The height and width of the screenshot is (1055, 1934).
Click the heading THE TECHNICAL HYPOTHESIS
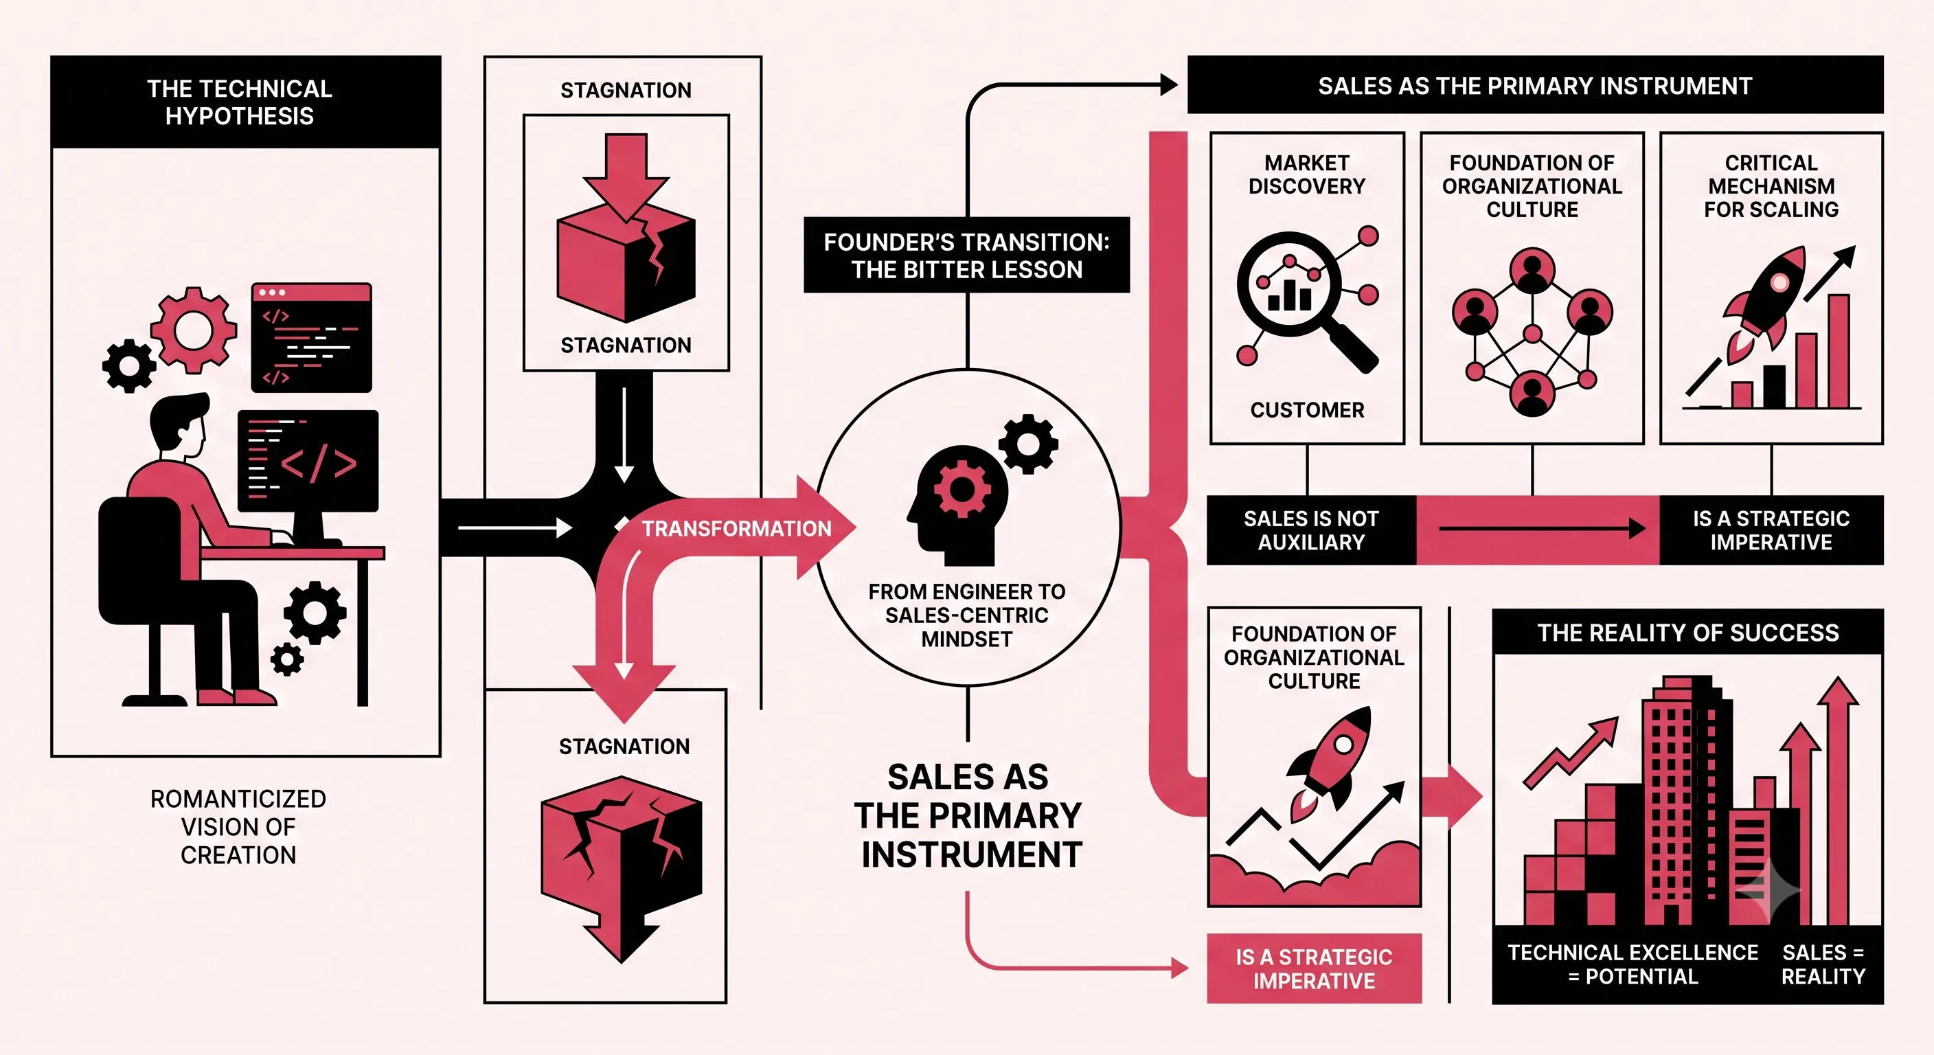(240, 102)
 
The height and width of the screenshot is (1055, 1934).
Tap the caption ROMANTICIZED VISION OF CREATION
(239, 827)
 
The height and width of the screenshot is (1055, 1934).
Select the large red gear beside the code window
(194, 330)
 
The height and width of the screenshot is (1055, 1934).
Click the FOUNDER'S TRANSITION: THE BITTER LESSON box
(966, 256)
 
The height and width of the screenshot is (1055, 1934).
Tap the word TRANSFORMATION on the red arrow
(736, 529)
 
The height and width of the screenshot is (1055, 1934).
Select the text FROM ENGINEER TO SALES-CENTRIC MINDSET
(967, 615)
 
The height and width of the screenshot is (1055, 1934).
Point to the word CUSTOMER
(1307, 410)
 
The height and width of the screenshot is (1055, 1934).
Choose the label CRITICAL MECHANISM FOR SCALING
(1771, 186)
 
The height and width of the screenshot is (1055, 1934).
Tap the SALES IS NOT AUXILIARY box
(1311, 530)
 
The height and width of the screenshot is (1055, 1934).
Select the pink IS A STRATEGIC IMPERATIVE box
(1314, 968)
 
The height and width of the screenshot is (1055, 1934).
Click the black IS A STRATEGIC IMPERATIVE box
(1771, 530)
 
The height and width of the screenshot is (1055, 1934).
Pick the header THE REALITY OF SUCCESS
(1687, 633)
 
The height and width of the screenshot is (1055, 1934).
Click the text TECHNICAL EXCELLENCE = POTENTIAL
(1633, 964)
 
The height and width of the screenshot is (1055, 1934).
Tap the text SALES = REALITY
(1823, 964)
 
